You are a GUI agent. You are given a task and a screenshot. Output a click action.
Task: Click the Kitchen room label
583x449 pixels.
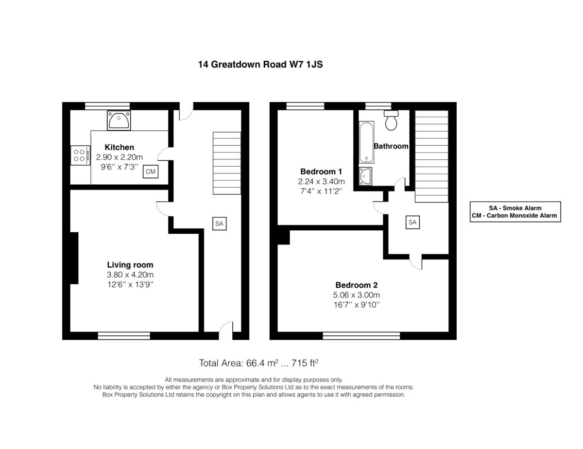pyautogui.click(x=119, y=147)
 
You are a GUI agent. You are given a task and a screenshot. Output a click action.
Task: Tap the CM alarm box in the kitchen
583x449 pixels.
pyautogui.click(x=151, y=172)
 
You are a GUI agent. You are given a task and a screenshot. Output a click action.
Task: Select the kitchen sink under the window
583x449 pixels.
pyautogui.click(x=119, y=121)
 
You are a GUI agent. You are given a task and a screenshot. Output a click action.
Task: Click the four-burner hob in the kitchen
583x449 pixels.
pyautogui.click(x=80, y=155)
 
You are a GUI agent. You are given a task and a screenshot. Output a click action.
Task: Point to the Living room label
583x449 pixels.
pyautogui.click(x=130, y=265)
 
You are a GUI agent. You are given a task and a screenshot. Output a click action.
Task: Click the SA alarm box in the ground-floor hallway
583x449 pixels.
pyautogui.click(x=220, y=224)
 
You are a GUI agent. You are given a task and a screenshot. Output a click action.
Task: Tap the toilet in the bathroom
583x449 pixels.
pyautogui.click(x=391, y=121)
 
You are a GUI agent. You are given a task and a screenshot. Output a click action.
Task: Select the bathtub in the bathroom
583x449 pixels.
pyautogui.click(x=366, y=142)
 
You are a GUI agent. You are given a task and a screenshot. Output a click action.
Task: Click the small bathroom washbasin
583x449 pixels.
pyautogui.click(x=365, y=176)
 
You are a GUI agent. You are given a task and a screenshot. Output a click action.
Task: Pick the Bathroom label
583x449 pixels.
pyautogui.click(x=391, y=146)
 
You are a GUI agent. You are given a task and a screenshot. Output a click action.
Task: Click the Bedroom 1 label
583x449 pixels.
pyautogui.click(x=321, y=172)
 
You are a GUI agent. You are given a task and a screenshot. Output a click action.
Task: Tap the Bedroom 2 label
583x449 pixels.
pyautogui.click(x=356, y=285)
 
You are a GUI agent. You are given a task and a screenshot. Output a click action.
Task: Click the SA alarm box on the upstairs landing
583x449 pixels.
pyautogui.click(x=412, y=222)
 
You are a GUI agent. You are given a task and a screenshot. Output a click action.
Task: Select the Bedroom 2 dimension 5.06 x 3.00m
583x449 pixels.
pyautogui.click(x=356, y=295)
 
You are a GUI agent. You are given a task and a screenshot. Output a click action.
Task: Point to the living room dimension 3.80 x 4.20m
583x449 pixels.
pyautogui.click(x=130, y=275)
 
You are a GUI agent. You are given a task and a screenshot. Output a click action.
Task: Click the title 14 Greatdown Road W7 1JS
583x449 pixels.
pyautogui.click(x=260, y=64)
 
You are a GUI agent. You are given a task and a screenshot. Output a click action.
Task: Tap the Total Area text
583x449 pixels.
pyautogui.click(x=258, y=363)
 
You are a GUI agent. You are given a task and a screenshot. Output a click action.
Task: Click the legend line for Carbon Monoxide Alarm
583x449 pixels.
pyautogui.click(x=514, y=216)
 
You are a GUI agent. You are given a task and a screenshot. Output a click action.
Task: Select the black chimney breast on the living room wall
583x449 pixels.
pyautogui.click(x=74, y=258)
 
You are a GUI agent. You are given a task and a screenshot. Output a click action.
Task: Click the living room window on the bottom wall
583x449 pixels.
pyautogui.click(x=124, y=336)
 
